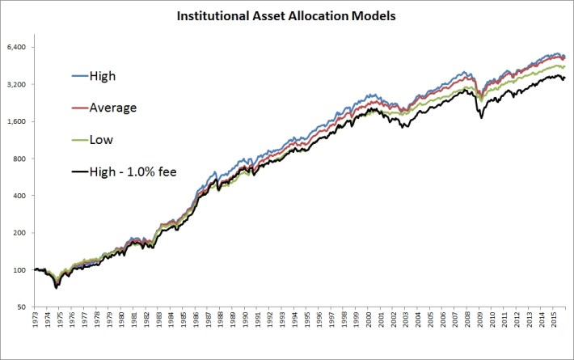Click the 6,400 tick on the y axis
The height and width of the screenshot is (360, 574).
coord(17,47)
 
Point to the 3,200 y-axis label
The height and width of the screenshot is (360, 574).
coord(17,84)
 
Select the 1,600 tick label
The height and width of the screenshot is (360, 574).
coord(17,121)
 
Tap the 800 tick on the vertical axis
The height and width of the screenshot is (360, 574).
coord(20,159)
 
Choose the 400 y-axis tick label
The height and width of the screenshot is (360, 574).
coord(20,196)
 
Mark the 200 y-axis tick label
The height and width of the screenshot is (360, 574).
coord(20,233)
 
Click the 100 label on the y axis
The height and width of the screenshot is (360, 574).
coord(20,270)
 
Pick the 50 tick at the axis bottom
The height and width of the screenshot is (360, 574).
coord(23,307)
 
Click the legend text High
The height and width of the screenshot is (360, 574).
coord(105,76)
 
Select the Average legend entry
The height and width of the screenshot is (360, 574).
coord(114,108)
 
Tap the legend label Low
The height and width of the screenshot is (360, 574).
coord(102,139)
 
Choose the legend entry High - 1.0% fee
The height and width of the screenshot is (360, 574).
coord(133,171)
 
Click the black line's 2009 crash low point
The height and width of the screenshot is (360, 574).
coord(482,118)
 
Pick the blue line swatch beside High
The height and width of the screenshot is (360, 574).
coord(79,76)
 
